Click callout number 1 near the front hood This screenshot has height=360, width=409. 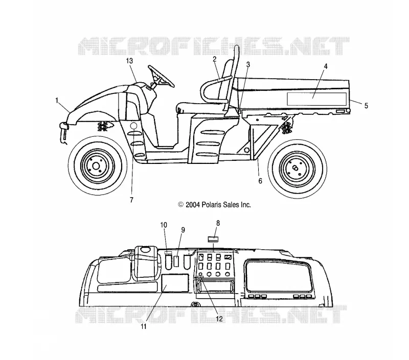(57, 100)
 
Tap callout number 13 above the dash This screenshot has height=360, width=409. (129, 61)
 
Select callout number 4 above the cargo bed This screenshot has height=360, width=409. (326, 66)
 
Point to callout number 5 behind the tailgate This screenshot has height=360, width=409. (366, 106)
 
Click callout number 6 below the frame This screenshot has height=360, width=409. (260, 181)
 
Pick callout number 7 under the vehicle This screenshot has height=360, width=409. (131, 200)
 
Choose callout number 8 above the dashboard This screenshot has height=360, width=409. (218, 223)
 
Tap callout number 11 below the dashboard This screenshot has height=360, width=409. (144, 326)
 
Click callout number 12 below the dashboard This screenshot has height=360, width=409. (219, 319)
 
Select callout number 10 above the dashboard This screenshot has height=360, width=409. (164, 225)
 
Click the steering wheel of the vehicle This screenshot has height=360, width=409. (161, 77)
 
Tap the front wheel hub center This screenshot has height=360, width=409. (96, 165)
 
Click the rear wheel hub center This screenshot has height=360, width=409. (296, 168)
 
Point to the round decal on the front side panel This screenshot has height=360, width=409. (133, 126)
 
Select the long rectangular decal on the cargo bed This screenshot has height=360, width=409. (316, 99)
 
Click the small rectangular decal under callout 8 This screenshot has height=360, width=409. (213, 239)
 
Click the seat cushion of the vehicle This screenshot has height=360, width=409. (201, 108)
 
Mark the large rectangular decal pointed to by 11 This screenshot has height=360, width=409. (175, 283)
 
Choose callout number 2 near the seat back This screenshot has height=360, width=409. (214, 59)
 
